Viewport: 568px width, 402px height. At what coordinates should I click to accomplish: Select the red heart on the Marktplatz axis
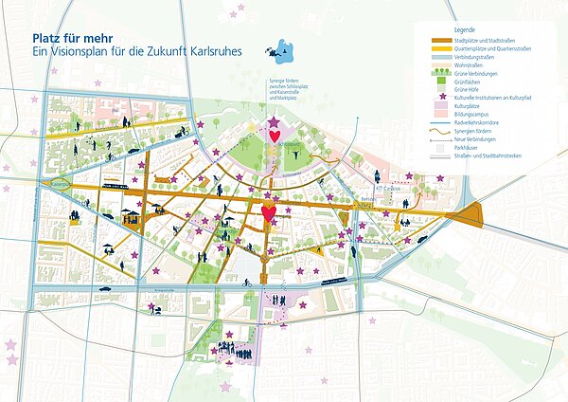[x=269, y=213]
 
